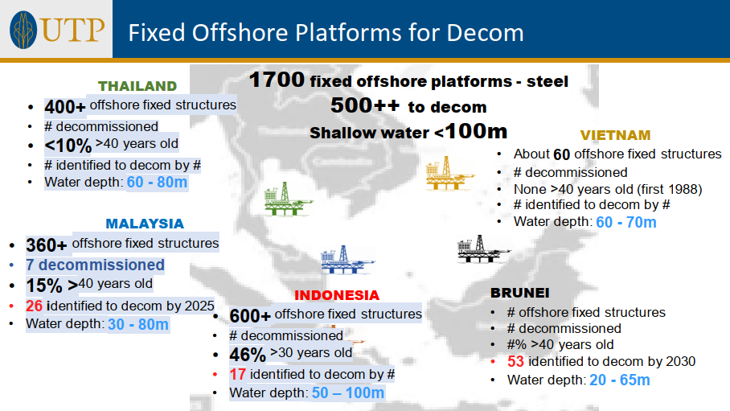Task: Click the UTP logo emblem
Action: coord(23,30)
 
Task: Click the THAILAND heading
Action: coord(137,86)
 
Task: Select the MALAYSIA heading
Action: coord(145,224)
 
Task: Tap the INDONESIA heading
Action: coord(337,295)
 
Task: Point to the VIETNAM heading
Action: coord(615,135)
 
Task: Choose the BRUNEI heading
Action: coord(519,293)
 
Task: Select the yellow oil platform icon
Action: coord(449,174)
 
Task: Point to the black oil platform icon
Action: coord(483,249)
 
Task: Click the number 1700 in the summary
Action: coord(277,80)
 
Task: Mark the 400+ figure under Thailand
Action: coord(65,107)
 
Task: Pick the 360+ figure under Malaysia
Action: coord(47,245)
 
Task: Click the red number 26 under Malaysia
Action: coord(34,306)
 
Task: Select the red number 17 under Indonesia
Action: coord(237,374)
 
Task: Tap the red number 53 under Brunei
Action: coord(515,361)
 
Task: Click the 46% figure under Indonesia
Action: coord(247,355)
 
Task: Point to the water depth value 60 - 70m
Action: coord(626,222)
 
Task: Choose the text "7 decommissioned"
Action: coord(95,265)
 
